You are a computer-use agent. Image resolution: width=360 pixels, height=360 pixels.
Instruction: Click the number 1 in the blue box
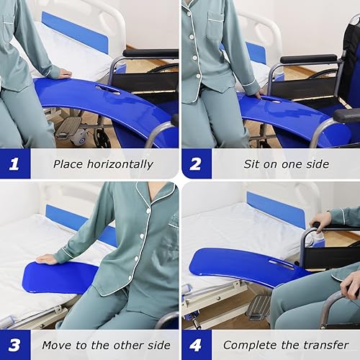click(14, 163)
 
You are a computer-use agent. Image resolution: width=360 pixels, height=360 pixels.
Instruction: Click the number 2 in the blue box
click(196, 163)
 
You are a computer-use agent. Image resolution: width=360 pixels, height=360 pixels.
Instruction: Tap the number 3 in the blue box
click(14, 345)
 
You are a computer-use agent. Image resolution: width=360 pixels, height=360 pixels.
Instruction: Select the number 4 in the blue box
click(196, 345)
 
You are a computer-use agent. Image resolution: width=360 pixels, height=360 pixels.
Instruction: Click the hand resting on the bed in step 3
click(47, 258)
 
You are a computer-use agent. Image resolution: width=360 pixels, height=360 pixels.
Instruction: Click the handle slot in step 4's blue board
click(282, 264)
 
